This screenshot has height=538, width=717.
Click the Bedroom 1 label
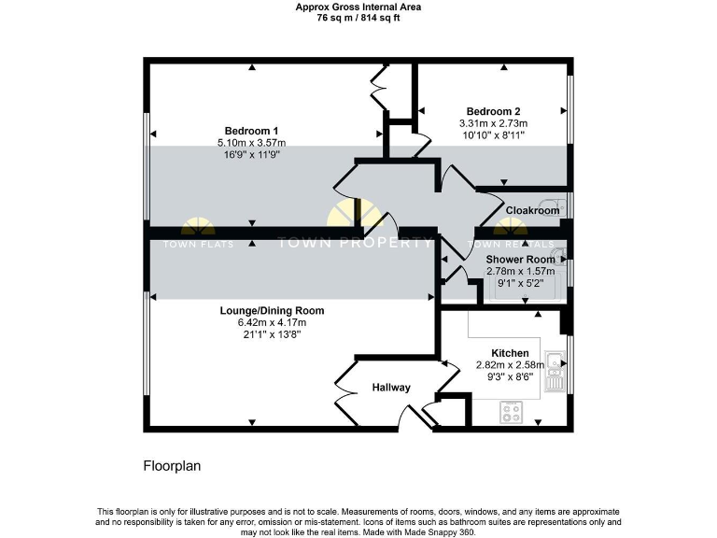[251, 130]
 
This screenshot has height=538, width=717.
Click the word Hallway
[391, 387]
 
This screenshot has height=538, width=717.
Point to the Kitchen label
[510, 353]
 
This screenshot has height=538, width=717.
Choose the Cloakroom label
[532, 211]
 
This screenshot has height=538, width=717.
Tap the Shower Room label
[520, 259]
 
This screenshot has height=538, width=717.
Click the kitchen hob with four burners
[512, 408]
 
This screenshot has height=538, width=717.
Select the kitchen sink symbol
[555, 360]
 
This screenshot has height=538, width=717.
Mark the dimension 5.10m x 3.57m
[251, 142]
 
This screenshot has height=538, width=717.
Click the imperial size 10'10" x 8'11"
[493, 135]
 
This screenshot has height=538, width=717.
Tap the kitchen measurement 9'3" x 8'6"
[510, 378]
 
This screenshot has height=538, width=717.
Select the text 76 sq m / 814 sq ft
[358, 17]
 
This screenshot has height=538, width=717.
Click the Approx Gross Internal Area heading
[358, 7]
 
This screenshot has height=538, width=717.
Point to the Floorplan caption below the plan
[172, 464]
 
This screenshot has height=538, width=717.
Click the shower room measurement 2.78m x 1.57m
[520, 271]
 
